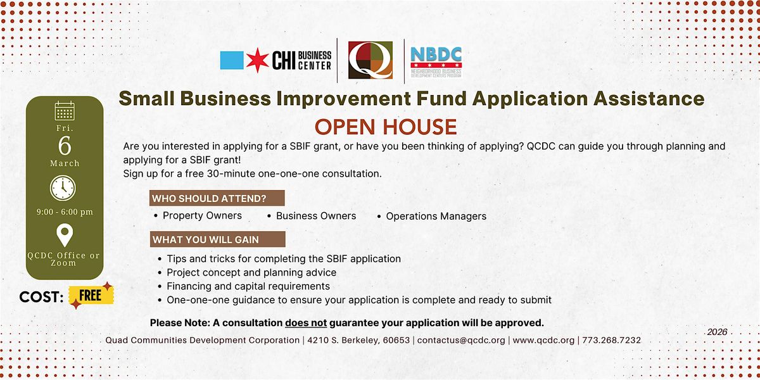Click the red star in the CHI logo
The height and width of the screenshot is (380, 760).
click(x=257, y=60)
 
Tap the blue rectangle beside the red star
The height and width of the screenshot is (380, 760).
click(x=232, y=60)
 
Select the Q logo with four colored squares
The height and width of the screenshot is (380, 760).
click(x=370, y=60)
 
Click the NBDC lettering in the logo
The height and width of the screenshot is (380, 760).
click(x=436, y=54)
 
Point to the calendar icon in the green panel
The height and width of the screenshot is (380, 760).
click(x=65, y=111)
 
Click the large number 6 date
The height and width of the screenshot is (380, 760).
click(x=65, y=146)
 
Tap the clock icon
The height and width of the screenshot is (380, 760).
click(x=63, y=188)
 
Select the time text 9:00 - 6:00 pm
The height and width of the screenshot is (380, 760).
click(x=65, y=212)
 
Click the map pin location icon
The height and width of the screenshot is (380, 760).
click(x=65, y=235)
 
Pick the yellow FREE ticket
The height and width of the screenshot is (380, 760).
click(x=91, y=296)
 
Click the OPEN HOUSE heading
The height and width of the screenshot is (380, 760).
click(x=386, y=127)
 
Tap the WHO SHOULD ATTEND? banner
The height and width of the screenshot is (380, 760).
click(x=217, y=198)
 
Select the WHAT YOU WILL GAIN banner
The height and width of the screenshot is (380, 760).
click(x=218, y=239)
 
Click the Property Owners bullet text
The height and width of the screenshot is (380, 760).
click(x=202, y=216)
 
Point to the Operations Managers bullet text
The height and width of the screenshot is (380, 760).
click(x=436, y=216)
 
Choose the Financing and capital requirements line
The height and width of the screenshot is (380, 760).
click(x=248, y=286)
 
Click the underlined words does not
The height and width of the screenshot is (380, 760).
click(x=306, y=323)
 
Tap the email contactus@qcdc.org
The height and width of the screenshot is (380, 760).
click(x=461, y=340)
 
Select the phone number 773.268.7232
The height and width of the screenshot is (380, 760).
click(x=611, y=340)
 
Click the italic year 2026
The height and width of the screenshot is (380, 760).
click(x=717, y=332)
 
